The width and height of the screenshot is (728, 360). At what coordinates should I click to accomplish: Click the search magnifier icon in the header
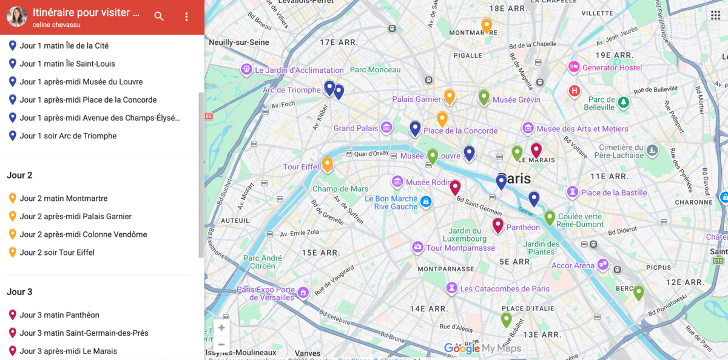pyautogui.click(x=159, y=16)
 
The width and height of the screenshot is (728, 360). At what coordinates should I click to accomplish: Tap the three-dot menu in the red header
pyautogui.click(x=186, y=16)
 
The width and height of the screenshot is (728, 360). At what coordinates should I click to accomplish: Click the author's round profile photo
pyautogui.click(x=17, y=17)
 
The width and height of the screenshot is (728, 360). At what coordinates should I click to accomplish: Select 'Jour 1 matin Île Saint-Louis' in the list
pyautogui.click(x=67, y=64)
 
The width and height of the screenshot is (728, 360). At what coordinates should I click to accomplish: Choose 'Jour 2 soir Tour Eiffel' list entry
pyautogui.click(x=56, y=253)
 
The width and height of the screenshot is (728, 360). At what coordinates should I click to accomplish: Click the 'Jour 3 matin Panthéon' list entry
pyautogui.click(x=59, y=315)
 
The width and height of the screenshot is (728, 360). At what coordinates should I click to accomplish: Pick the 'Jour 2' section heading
pyautogui.click(x=19, y=175)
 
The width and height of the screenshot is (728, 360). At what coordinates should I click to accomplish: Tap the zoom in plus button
pyautogui.click(x=221, y=328)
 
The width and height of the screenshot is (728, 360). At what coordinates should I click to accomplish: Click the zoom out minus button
pyautogui.click(x=221, y=344)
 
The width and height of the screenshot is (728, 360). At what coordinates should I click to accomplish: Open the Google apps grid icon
pyautogui.click(x=715, y=15)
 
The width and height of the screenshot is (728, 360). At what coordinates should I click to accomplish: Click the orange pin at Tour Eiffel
pyautogui.click(x=327, y=164)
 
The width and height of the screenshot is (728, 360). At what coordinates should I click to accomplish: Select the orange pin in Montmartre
pyautogui.click(x=487, y=25)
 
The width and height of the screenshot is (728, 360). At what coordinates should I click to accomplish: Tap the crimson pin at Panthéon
pyautogui.click(x=497, y=225)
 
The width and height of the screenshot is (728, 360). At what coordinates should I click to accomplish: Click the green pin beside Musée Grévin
pyautogui.click(x=484, y=97)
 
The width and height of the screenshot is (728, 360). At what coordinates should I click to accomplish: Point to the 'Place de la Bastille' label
pyautogui.click(x=613, y=193)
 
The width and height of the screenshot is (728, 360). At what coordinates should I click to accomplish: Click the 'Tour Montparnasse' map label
pyautogui.click(x=460, y=248)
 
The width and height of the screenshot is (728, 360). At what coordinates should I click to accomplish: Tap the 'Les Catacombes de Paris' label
pyautogui.click(x=504, y=289)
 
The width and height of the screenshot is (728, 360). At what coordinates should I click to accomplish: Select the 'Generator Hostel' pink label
pyautogui.click(x=612, y=67)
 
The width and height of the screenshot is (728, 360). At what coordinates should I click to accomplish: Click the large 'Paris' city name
pyautogui.click(x=514, y=178)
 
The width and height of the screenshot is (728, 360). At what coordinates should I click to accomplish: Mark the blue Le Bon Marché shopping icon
pyautogui.click(x=426, y=202)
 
